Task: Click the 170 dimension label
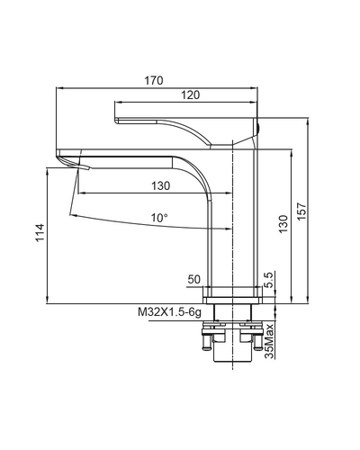click(154, 81)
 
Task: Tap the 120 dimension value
click(190, 95)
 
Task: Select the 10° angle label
click(159, 218)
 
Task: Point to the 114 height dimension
click(40, 232)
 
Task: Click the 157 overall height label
click(301, 211)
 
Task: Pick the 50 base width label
click(193, 279)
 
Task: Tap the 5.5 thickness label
click(269, 280)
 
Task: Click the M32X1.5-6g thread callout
click(169, 312)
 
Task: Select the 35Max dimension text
click(269, 341)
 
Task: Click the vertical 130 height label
click(283, 224)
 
